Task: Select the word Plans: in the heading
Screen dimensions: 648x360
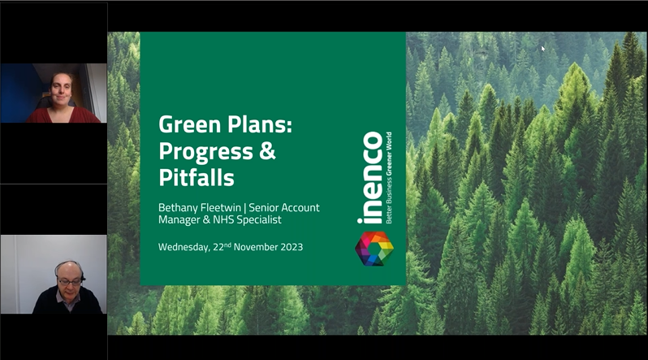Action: pyautogui.click(x=253, y=124)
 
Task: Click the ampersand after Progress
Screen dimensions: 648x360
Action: pyautogui.click(x=268, y=151)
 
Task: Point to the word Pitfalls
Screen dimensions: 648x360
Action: pyautogui.click(x=197, y=177)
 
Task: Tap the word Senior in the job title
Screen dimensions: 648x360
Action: pyautogui.click(x=264, y=207)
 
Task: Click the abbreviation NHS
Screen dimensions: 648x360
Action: pyautogui.click(x=223, y=219)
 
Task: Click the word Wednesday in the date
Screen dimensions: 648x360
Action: pyautogui.click(x=184, y=247)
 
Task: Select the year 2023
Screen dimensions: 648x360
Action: pyautogui.click(x=292, y=247)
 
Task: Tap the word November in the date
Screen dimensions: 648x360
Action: pyautogui.click(x=256, y=247)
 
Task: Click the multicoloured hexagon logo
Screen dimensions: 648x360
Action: pyautogui.click(x=374, y=249)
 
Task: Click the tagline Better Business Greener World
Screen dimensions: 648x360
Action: pyautogui.click(x=389, y=178)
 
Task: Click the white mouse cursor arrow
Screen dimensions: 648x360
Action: pyautogui.click(x=543, y=49)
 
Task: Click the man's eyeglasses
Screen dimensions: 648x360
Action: pyautogui.click(x=70, y=282)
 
